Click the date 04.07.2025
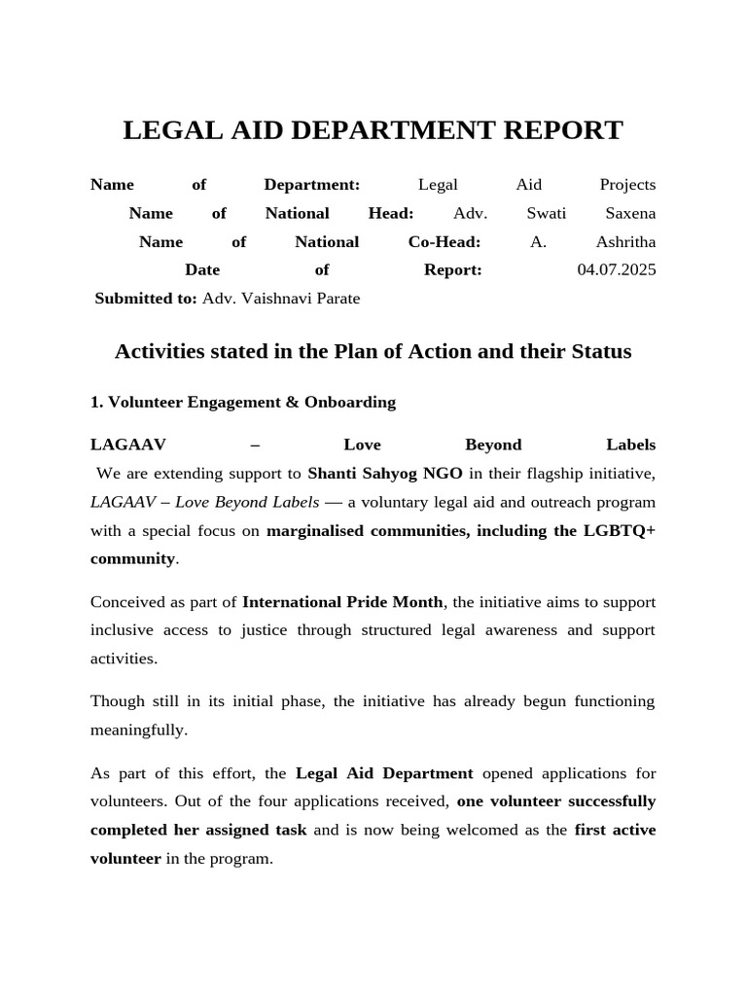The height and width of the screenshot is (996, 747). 617,269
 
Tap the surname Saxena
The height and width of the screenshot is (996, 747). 630,213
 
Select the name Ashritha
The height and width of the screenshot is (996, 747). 625,241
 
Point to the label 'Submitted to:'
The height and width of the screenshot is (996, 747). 146,298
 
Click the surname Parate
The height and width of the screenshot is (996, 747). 335,298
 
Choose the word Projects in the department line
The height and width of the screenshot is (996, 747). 627,185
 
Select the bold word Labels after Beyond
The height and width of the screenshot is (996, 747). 630,445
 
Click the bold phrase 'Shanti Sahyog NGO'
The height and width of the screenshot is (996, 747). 385,474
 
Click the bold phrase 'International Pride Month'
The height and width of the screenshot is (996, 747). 342,601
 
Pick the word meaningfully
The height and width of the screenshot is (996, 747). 139,729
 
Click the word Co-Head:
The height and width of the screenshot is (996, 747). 445,241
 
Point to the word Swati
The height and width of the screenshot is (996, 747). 546,213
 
